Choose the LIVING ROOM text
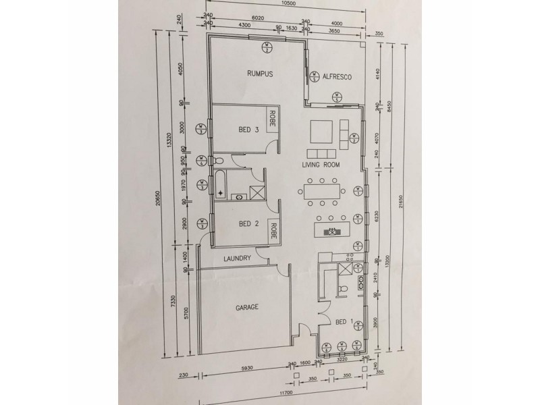tap(321, 165)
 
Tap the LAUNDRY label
tap(237, 259)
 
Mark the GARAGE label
tap(247, 308)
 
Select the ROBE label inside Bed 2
tap(274, 227)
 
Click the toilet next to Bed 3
tap(219, 161)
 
